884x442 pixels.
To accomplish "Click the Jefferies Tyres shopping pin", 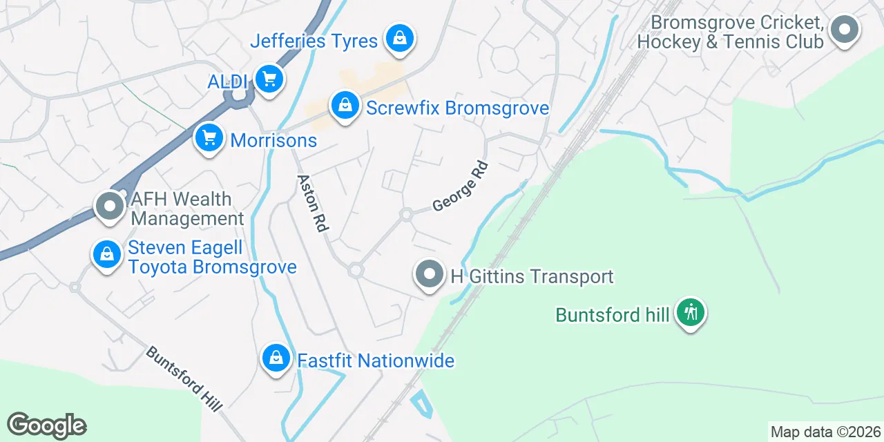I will [x=399, y=38].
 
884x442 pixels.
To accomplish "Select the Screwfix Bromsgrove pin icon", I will [x=345, y=106].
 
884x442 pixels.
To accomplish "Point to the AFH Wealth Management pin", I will [x=109, y=206].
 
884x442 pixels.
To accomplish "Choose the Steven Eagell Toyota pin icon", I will [x=107, y=254].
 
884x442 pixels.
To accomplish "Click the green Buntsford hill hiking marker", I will [x=690, y=313].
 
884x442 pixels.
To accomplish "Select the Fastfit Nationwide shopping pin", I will [x=276, y=358].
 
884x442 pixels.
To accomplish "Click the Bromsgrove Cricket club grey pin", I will [x=844, y=30].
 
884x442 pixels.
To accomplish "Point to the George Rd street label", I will [x=461, y=186].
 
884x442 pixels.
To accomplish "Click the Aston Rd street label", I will [x=312, y=202].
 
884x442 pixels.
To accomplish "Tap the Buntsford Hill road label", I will [x=184, y=378].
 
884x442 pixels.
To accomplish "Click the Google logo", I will [x=46, y=425].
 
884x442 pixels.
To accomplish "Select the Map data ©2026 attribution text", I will [x=825, y=432].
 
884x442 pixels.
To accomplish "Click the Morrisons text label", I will [x=273, y=141].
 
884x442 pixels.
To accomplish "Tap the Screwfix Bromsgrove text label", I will [x=457, y=108].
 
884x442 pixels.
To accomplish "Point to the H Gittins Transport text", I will [x=532, y=277].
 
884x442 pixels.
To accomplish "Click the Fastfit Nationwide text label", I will [x=376, y=361].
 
